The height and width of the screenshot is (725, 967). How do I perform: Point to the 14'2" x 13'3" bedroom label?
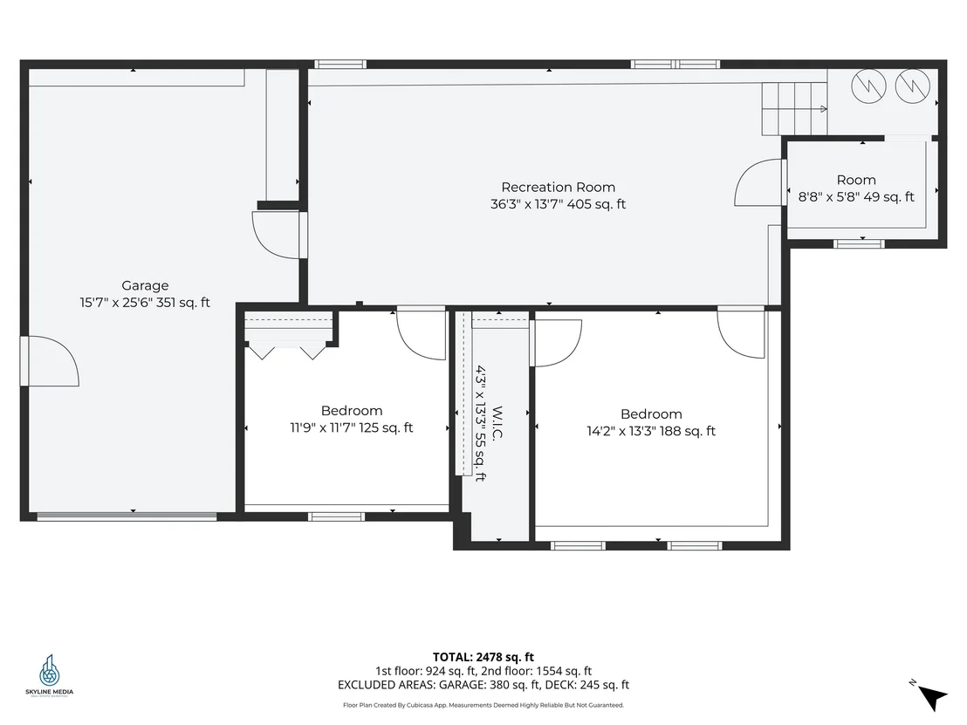point(651,422)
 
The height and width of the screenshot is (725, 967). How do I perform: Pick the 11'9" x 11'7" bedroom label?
point(352,420)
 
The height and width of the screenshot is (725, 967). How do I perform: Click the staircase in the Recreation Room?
point(794,108)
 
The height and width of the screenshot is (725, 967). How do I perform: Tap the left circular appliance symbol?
point(868,85)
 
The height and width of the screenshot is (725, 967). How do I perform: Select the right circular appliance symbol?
point(912,85)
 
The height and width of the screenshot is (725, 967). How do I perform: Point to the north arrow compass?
point(929,694)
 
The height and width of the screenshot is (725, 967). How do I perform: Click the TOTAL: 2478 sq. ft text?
point(483,657)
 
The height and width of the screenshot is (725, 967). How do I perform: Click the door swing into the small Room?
point(758,182)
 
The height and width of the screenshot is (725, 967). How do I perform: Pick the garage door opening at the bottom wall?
point(127,516)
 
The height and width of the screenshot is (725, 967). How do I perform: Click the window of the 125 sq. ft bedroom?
point(336,516)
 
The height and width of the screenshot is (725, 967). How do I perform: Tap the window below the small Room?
point(859,243)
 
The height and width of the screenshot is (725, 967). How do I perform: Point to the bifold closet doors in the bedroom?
point(287,352)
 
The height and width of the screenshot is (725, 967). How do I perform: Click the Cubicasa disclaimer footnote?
point(483,705)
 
